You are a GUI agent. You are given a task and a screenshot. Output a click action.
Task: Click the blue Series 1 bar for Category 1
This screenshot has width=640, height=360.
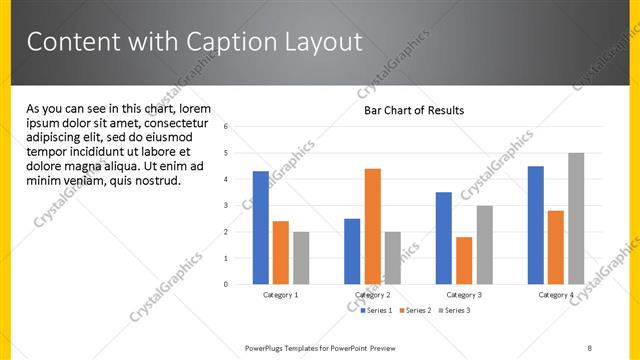pyautogui.click(x=261, y=228)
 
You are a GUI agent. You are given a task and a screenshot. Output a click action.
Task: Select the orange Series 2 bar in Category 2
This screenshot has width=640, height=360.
pyautogui.click(x=372, y=226)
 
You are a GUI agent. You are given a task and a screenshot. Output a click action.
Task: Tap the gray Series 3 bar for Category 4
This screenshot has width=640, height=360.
pyautogui.click(x=576, y=218)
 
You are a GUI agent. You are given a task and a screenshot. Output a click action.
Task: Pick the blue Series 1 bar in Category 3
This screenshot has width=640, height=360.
pyautogui.click(x=444, y=238)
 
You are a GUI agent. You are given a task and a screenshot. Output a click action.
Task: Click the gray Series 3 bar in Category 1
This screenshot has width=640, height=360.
pyautogui.click(x=301, y=258)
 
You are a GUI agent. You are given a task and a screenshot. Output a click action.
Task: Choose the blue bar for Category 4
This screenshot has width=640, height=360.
pyautogui.click(x=536, y=225)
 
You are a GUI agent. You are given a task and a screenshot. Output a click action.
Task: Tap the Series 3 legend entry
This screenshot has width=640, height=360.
pyautogui.click(x=457, y=311)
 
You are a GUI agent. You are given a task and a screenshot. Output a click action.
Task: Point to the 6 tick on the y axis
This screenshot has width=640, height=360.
pyautogui.click(x=227, y=127)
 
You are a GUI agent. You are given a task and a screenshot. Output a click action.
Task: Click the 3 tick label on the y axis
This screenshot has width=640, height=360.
pyautogui.click(x=227, y=205)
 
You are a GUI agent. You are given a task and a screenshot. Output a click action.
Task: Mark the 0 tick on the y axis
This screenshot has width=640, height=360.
pyautogui.click(x=227, y=284)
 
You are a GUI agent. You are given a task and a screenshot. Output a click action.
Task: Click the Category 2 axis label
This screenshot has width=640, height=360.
pyautogui.click(x=372, y=295)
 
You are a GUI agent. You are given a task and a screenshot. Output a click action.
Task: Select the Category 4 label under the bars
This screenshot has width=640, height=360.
pyautogui.click(x=556, y=295)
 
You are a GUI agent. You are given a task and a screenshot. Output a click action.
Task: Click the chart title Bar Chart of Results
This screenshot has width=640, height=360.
pyautogui.click(x=413, y=111)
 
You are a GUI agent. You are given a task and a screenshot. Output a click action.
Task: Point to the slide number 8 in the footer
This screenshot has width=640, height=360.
pyautogui.click(x=590, y=346)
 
